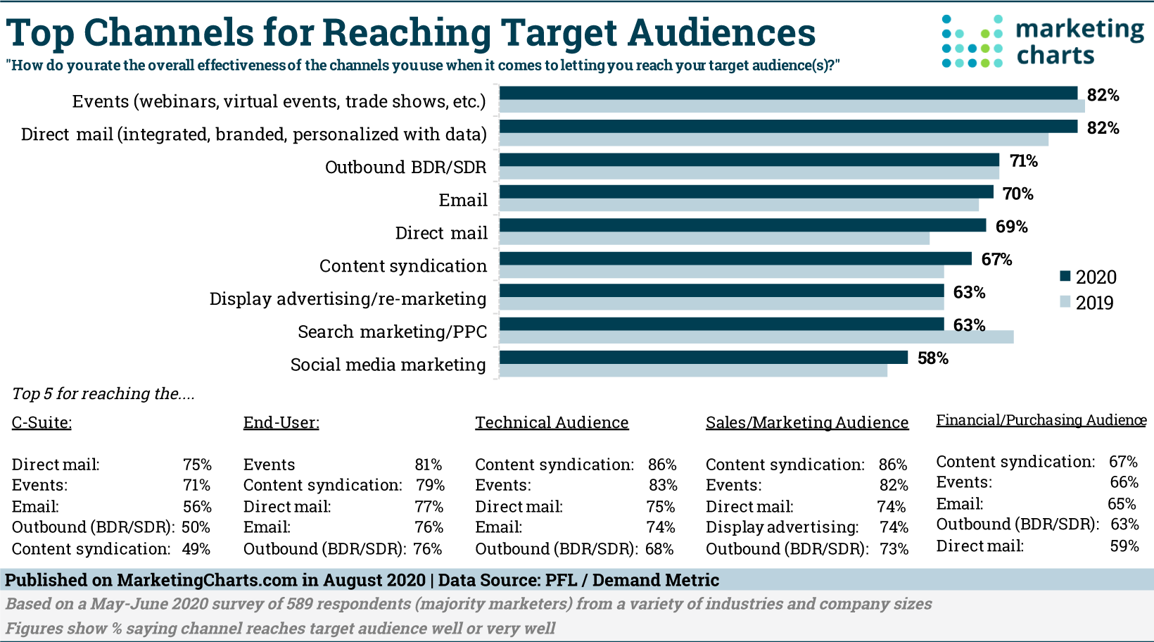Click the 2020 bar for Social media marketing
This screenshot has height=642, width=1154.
click(704, 358)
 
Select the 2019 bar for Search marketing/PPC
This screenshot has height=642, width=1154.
click(756, 337)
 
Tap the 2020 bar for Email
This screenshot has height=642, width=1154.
click(746, 192)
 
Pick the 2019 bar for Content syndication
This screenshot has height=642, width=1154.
click(721, 272)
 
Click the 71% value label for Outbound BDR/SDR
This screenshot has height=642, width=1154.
click(1024, 161)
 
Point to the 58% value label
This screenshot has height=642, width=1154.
click(933, 358)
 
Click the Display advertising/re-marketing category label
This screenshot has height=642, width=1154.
click(348, 299)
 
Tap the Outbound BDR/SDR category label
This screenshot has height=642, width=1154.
click(405, 168)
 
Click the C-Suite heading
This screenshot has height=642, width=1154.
click(42, 422)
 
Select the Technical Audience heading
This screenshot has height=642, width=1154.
click(552, 422)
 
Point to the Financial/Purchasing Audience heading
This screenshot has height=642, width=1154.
click(1041, 420)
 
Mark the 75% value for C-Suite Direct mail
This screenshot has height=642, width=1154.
click(197, 465)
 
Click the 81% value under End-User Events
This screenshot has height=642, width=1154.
click(428, 465)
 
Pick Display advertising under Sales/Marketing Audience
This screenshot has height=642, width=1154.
click(782, 527)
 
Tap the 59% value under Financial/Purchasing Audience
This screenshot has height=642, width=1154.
click(1124, 546)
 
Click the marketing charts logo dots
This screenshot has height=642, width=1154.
click(972, 42)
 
